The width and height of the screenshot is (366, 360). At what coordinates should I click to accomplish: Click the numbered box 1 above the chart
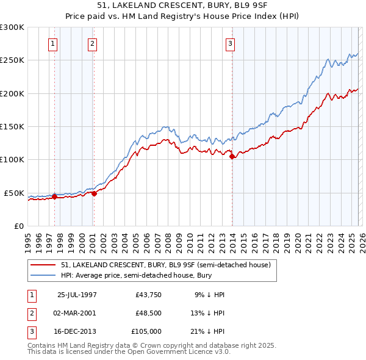click(x=54, y=43)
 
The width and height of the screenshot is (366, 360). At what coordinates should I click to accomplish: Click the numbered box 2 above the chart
click(x=92, y=43)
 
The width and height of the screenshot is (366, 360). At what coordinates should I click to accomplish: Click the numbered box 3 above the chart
click(x=231, y=43)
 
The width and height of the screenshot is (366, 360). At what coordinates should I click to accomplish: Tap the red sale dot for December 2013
click(x=232, y=156)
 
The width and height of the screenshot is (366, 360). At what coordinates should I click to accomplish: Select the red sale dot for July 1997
click(x=55, y=196)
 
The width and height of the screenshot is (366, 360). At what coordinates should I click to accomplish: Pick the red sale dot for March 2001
click(x=94, y=193)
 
